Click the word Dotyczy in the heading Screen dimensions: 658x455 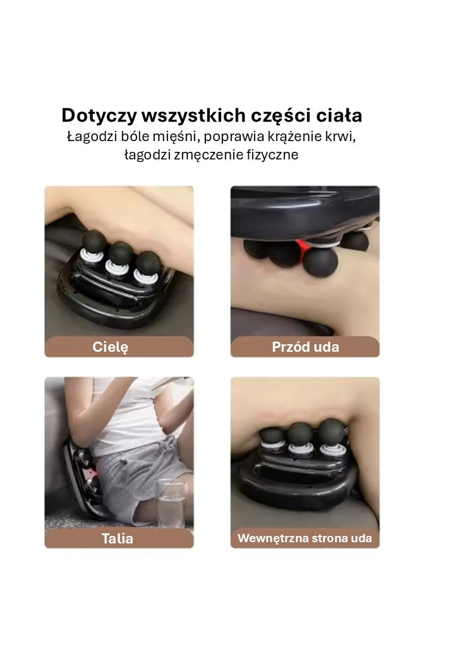point(99,116)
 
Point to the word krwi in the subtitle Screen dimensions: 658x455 point(351,137)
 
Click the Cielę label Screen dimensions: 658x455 point(111,347)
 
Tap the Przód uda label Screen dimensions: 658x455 point(305,347)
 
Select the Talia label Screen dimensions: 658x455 point(118,538)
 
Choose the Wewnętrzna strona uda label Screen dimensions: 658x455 point(305,538)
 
